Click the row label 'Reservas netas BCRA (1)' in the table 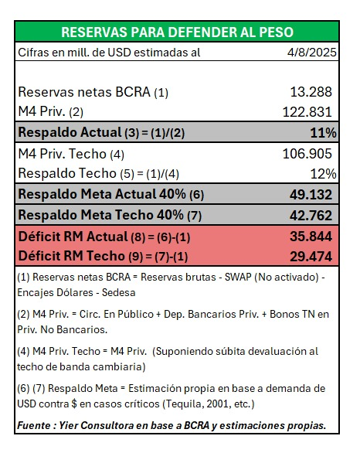coord(93,92)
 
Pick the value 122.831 coord(307,112)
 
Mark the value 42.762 coord(311,214)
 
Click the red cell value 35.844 coord(311,236)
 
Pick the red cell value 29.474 coord(311,255)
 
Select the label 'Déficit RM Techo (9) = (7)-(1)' coord(103,255)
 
